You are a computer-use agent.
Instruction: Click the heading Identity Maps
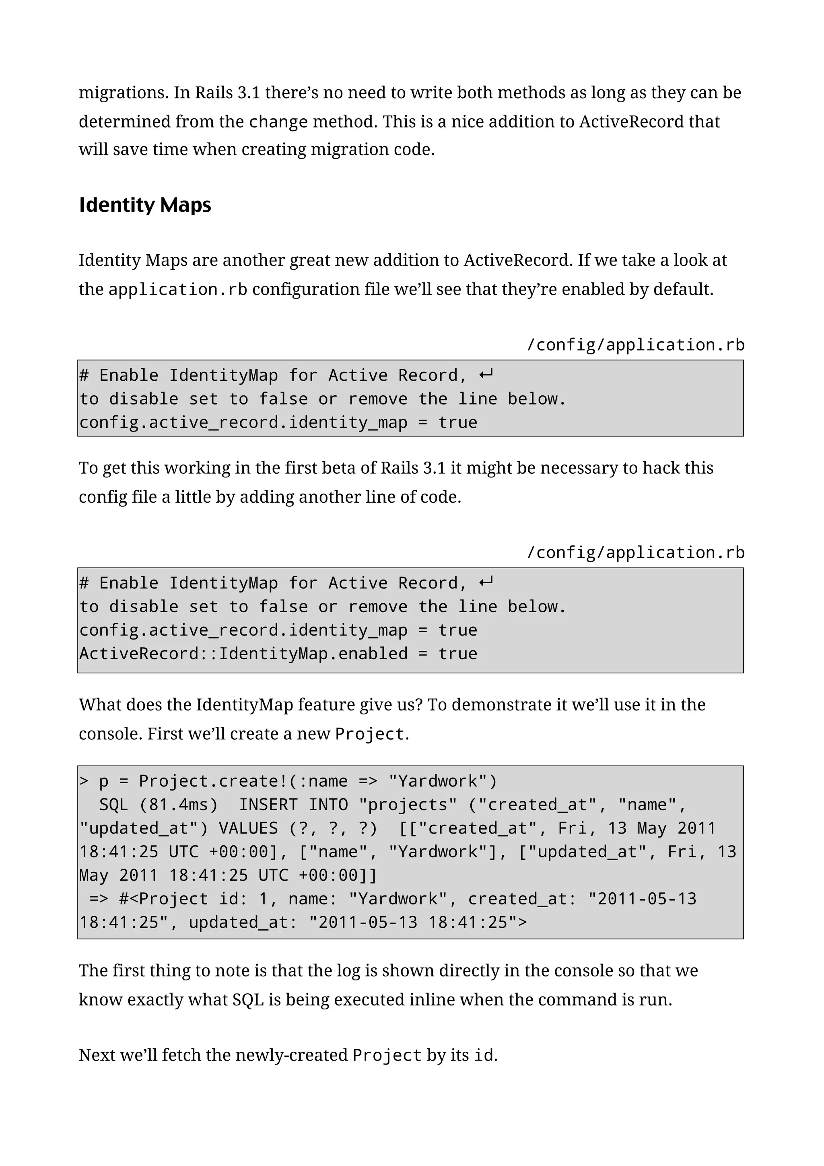(145, 205)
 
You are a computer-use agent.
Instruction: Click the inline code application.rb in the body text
(178, 289)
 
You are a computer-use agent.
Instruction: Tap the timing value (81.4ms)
(178, 805)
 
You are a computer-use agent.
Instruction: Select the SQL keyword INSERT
(268, 805)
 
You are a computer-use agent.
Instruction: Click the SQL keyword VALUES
(248, 828)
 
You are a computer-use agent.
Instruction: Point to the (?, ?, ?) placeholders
(333, 828)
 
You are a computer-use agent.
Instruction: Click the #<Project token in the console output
(163, 899)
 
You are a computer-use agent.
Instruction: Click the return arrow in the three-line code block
(486, 375)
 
